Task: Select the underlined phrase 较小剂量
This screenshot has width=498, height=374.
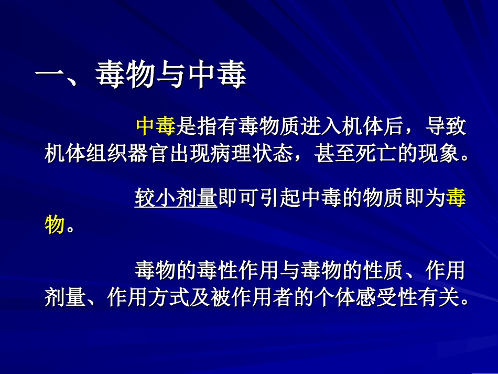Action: pos(176,199)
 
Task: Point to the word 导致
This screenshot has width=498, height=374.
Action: pos(445,126)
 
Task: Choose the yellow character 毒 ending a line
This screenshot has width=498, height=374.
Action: pos(455,199)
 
